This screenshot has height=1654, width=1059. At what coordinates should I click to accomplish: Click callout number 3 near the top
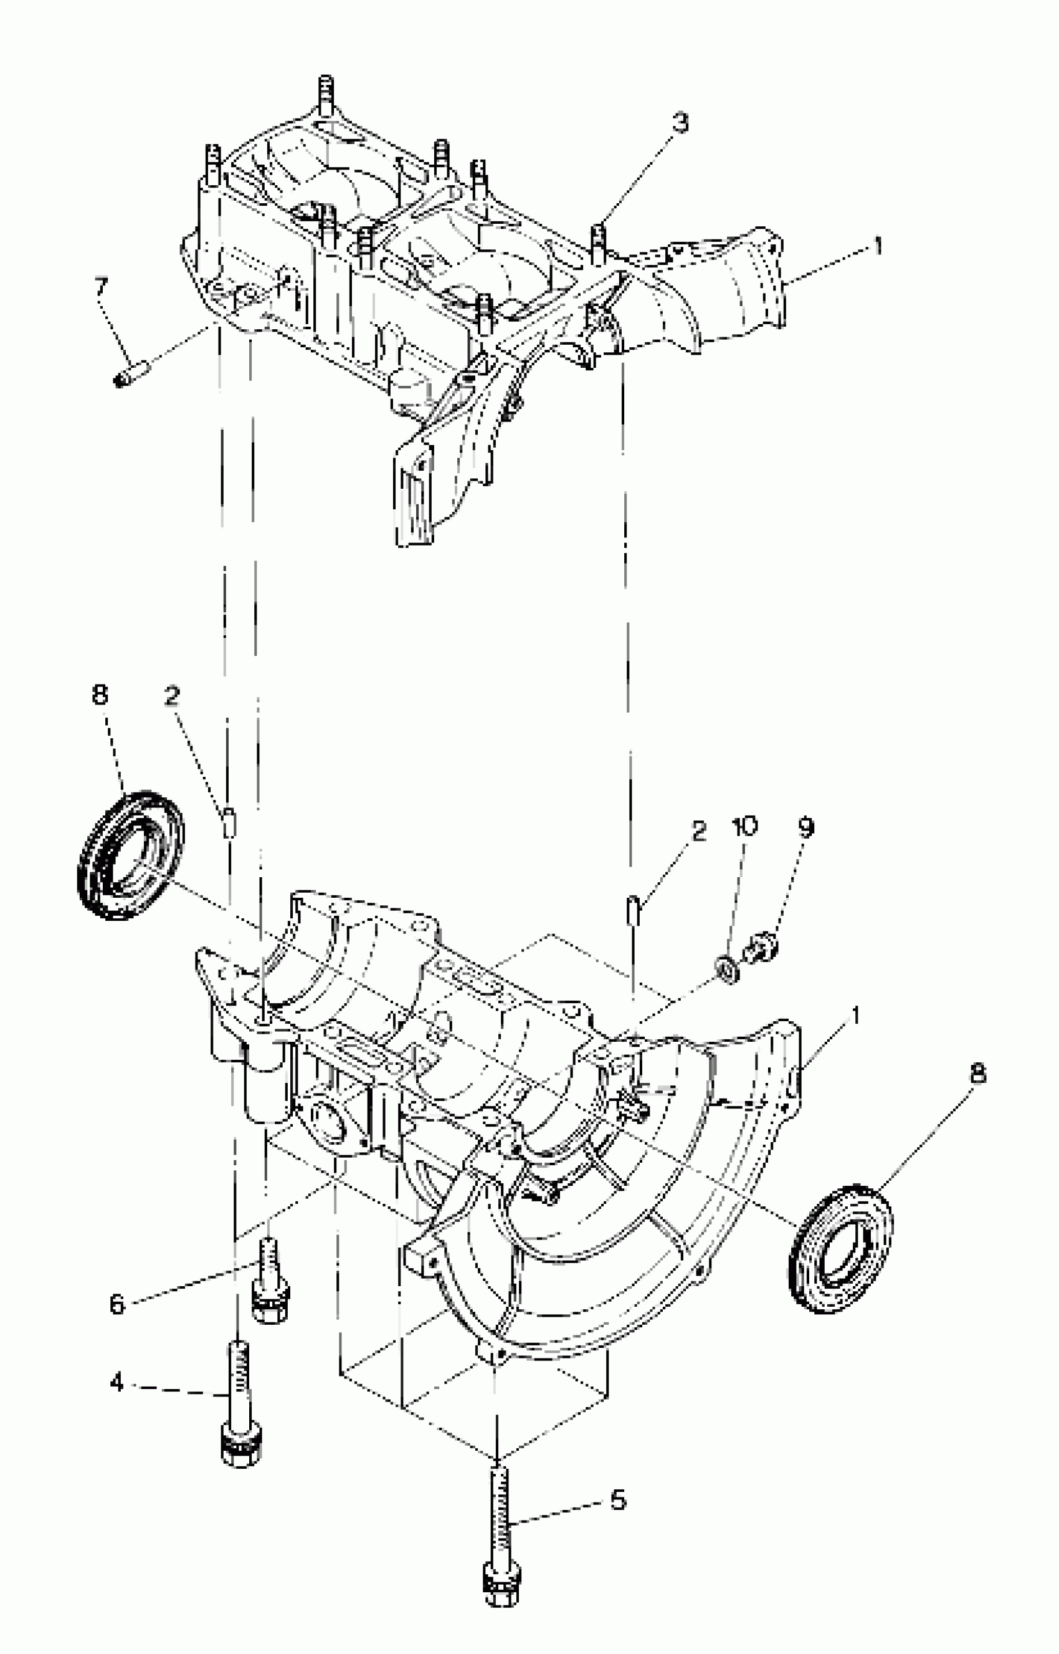click(x=680, y=123)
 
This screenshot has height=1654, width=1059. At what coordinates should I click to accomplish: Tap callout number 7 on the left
click(x=101, y=286)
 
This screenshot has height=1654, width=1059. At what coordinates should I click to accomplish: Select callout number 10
click(x=745, y=825)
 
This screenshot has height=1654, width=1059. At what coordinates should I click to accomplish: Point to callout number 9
click(x=807, y=827)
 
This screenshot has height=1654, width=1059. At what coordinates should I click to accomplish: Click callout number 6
click(x=118, y=1304)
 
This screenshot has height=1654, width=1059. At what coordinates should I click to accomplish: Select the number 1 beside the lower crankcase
click(x=855, y=1015)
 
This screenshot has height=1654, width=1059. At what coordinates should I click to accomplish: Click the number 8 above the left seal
click(x=100, y=695)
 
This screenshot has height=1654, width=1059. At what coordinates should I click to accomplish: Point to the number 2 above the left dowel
click(x=172, y=696)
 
